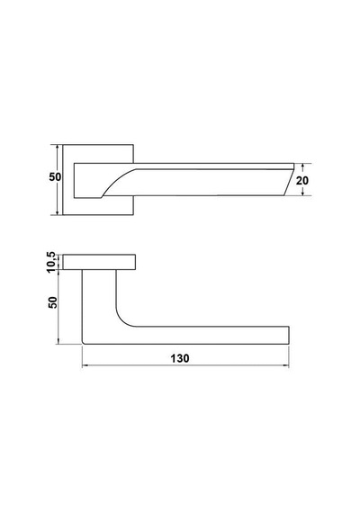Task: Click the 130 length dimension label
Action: click(180, 358)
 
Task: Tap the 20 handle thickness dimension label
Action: click(302, 180)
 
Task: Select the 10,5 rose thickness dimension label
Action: click(51, 262)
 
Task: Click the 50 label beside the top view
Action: click(55, 177)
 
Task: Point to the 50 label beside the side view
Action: click(53, 302)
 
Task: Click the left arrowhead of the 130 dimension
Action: click(85, 365)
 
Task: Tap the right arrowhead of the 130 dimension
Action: click(286, 365)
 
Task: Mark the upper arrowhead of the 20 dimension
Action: click(303, 166)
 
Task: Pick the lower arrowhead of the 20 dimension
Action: click(303, 193)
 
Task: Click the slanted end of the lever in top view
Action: click(289, 182)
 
